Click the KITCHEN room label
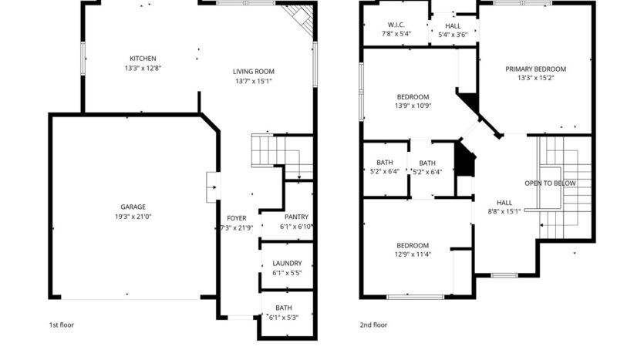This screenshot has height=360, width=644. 143,59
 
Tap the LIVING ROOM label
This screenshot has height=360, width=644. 254,72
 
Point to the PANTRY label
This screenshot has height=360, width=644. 296,217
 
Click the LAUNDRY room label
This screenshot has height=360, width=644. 287,263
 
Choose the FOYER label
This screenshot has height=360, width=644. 236,218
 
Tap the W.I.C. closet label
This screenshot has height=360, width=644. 396,25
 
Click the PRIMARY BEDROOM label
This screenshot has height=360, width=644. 535,69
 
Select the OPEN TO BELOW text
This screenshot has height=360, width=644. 550,183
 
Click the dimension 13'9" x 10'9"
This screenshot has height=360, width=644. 413,106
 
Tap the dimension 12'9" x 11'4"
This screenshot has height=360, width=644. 413,255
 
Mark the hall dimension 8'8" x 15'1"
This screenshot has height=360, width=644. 504,211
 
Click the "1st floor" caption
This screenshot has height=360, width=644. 62,325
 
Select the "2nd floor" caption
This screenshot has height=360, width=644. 373,325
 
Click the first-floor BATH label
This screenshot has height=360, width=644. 284,308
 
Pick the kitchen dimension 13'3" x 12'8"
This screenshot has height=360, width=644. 143,68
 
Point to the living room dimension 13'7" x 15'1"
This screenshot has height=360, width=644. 254,81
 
